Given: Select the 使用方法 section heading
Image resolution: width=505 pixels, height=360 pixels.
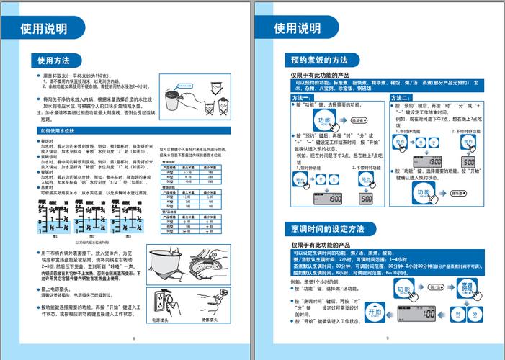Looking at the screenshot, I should (x=54, y=60).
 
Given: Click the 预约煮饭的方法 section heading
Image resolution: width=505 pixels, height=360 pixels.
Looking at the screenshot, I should (x=319, y=60).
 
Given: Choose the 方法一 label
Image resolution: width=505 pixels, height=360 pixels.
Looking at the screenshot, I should (x=301, y=97).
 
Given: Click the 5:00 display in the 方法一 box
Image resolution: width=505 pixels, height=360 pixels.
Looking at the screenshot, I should (x=366, y=198).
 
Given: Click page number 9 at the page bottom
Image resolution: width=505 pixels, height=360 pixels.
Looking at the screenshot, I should (x=387, y=337).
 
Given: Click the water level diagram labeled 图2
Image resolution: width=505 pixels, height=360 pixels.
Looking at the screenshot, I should (x=91, y=217).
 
